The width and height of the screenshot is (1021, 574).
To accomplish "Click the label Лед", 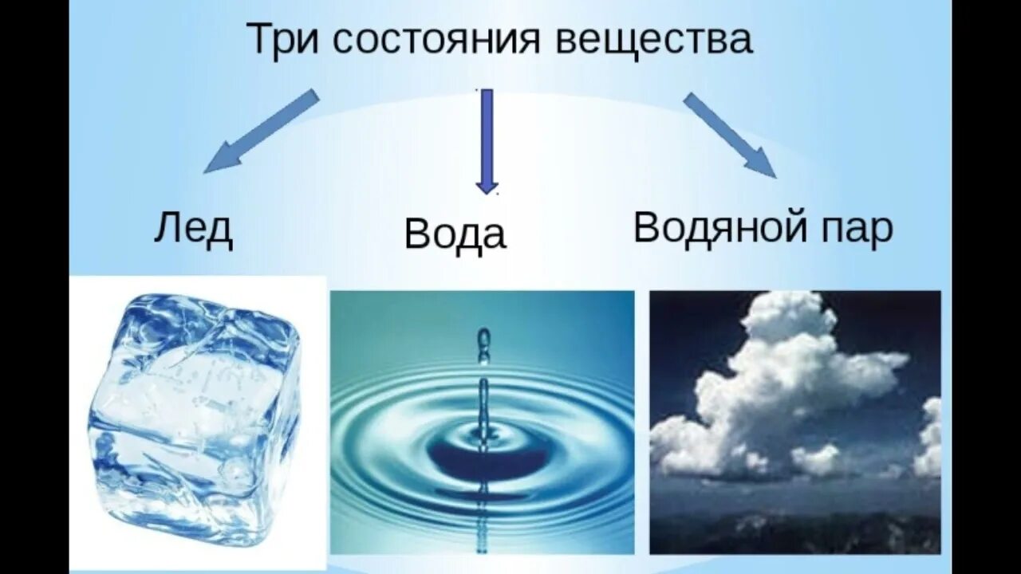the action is pos(194,230).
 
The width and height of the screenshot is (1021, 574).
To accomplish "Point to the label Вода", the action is pos(455,235).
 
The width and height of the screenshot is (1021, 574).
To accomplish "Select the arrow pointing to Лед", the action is pos(261,132).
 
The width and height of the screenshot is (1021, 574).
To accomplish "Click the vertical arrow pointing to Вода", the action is pos(487,142).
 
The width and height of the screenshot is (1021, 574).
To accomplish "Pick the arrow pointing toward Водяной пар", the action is pos(729,136).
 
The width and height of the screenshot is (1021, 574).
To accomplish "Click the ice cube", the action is pos(194,419).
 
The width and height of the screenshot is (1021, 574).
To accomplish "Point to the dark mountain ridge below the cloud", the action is pos(795,531).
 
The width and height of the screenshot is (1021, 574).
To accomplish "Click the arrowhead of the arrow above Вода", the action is pos(487,187).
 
